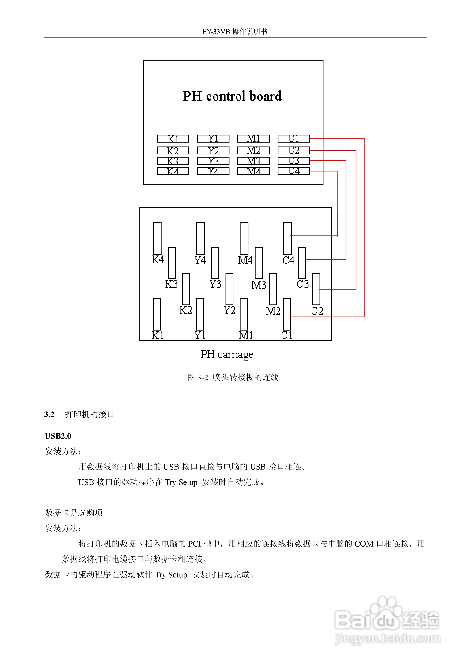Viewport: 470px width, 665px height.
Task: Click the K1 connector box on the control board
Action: click(173, 139)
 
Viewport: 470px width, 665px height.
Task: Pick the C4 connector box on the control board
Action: click(293, 171)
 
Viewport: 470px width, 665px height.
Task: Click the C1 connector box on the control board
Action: click(293, 139)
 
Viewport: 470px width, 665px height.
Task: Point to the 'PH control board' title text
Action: click(232, 96)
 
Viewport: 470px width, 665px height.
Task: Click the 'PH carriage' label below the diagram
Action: click(227, 354)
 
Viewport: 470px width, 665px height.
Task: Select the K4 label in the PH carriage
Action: click(158, 259)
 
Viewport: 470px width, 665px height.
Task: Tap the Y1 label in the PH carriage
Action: click(200, 335)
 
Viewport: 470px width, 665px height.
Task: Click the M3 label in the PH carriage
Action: click(258, 285)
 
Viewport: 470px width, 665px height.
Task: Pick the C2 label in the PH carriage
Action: click(317, 311)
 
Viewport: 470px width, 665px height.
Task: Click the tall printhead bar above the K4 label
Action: click(157, 238)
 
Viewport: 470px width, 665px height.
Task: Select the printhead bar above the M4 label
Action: click(244, 238)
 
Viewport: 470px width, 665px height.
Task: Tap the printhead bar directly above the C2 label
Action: click(316, 289)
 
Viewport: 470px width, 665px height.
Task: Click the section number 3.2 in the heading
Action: click(49, 414)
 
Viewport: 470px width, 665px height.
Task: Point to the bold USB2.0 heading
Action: click(58, 436)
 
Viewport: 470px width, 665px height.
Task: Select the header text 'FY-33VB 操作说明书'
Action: click(235, 32)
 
